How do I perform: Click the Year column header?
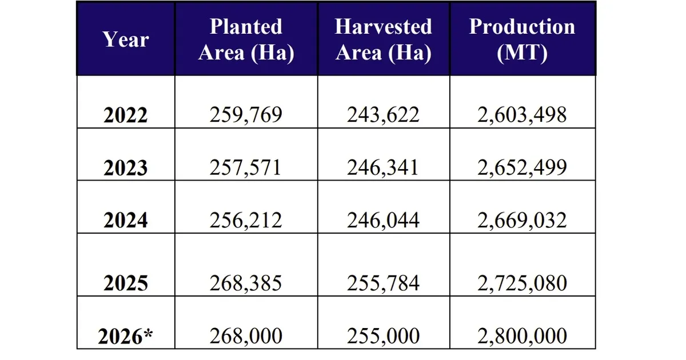coord(126,39)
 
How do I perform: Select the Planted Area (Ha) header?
coord(246,39)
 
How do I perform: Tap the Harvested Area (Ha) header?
coord(383,39)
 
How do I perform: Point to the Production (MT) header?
coord(522,39)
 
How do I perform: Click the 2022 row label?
coord(126,115)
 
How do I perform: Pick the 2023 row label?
coord(126,168)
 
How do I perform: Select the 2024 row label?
coord(126,221)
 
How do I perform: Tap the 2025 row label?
coord(126,283)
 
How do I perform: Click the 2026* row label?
coord(126,337)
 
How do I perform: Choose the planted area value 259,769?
coord(246,114)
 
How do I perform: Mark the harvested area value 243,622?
coord(383,114)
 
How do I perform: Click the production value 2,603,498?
coord(522,114)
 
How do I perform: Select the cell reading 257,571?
coord(246,167)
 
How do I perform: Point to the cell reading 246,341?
coord(383,167)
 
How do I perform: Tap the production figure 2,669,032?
coord(522,220)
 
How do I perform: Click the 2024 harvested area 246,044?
coord(383,220)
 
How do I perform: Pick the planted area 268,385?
coord(246,283)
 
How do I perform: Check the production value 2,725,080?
coord(522,283)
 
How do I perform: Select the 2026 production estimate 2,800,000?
coord(522,336)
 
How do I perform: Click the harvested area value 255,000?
coord(383,336)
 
